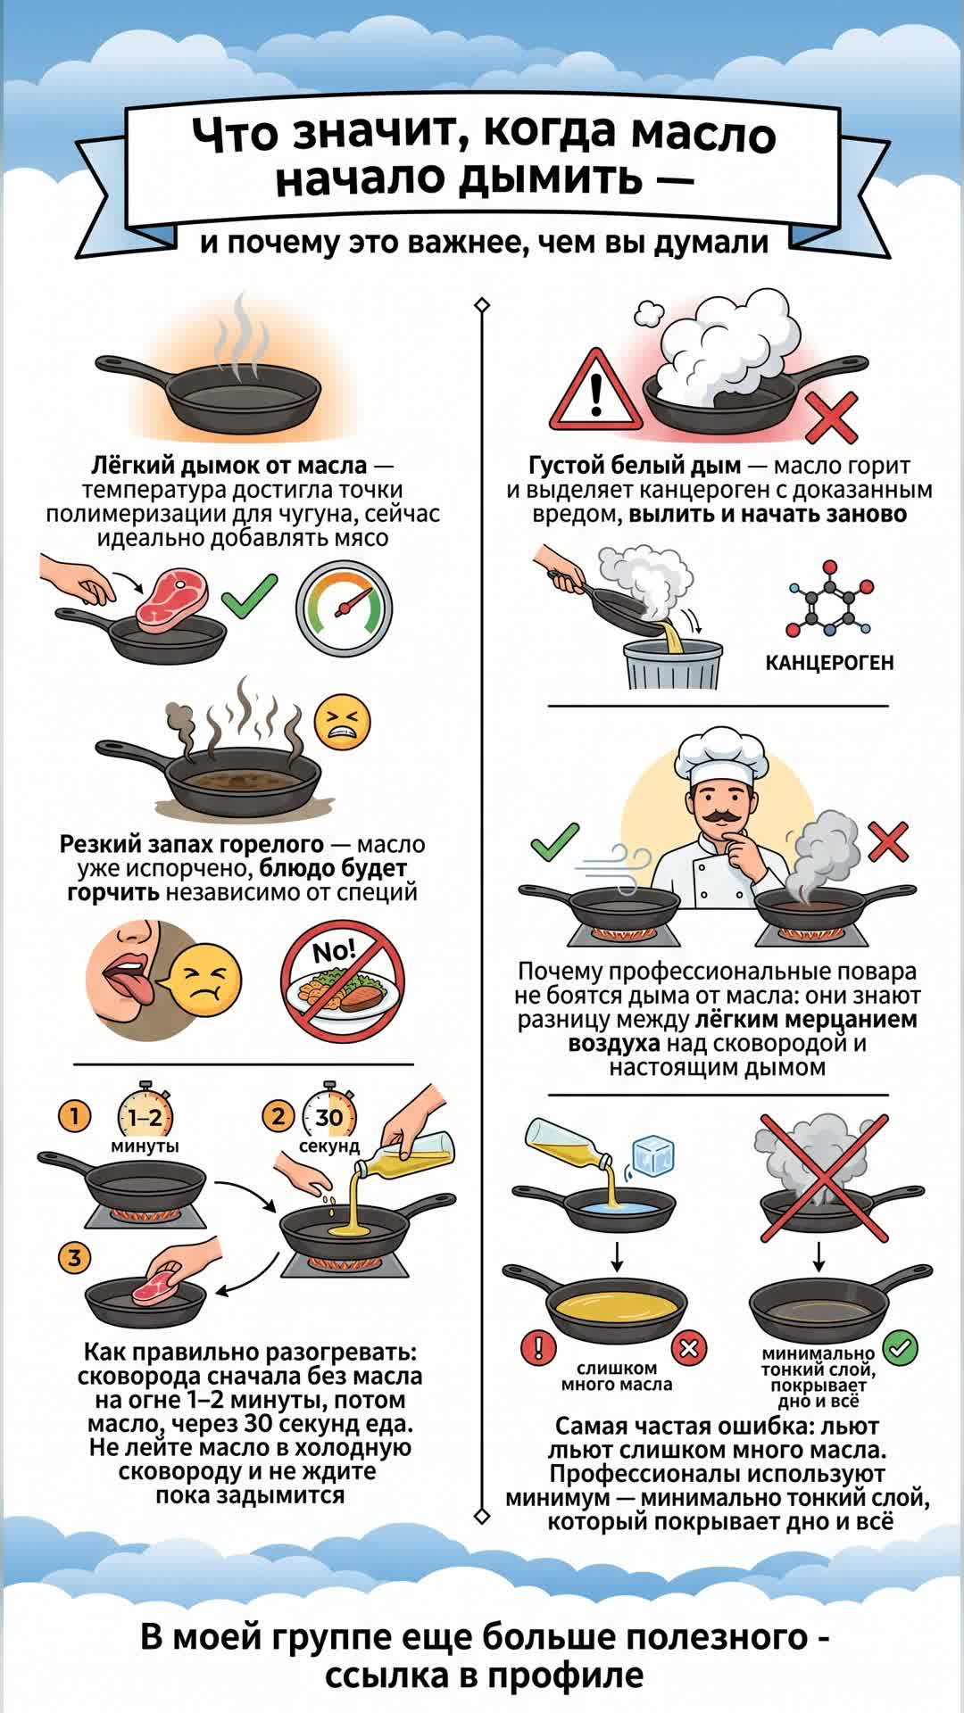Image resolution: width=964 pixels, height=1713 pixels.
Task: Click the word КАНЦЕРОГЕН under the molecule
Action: click(829, 663)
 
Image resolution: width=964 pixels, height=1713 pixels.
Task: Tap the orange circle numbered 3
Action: click(75, 1258)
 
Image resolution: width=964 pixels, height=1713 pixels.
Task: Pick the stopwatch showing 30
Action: click(328, 1115)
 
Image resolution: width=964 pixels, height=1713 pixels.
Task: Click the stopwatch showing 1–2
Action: click(145, 1116)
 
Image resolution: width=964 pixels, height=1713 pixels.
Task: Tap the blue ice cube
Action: click(652, 1157)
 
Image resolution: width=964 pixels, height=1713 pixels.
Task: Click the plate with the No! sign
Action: click(343, 981)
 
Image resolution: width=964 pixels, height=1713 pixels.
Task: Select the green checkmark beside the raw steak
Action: click(249, 597)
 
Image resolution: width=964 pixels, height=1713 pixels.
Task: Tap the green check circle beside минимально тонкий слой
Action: click(901, 1347)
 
